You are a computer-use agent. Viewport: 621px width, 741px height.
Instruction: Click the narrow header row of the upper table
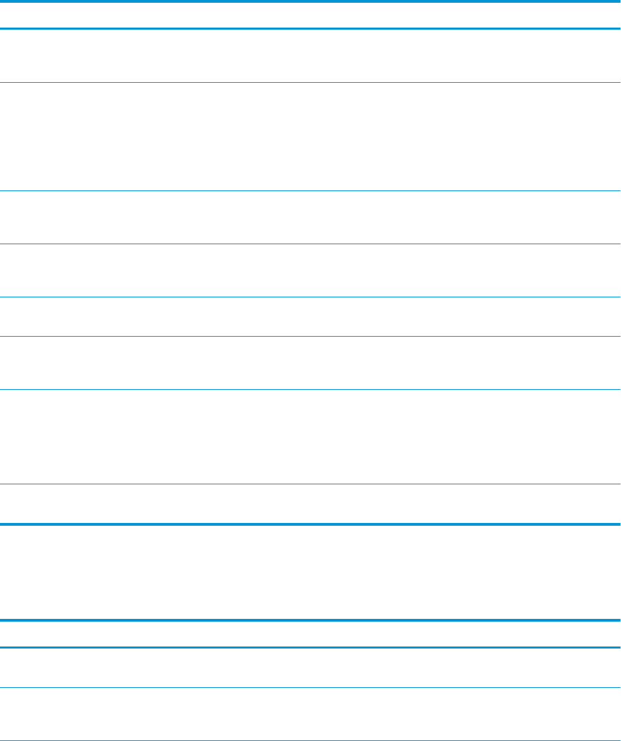pyautogui.click(x=310, y=14)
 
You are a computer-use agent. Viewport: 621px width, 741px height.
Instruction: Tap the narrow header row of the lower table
pyautogui.click(x=310, y=634)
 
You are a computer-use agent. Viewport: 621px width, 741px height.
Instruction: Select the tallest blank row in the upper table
pyautogui.click(x=310, y=137)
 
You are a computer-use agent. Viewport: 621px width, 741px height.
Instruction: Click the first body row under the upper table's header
pyautogui.click(x=310, y=56)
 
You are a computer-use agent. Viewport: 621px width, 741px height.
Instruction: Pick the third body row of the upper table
pyautogui.click(x=310, y=217)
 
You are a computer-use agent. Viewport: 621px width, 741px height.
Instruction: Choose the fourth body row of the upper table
pyautogui.click(x=310, y=270)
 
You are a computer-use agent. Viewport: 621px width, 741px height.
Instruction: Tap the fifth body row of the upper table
pyautogui.click(x=310, y=317)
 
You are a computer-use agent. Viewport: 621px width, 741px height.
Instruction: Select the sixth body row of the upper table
pyautogui.click(x=310, y=363)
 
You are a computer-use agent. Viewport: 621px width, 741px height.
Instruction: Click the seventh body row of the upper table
pyautogui.click(x=310, y=436)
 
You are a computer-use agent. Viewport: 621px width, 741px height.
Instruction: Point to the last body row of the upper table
pyautogui.click(x=310, y=504)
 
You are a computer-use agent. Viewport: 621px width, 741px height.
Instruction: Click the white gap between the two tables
pyautogui.click(x=310, y=572)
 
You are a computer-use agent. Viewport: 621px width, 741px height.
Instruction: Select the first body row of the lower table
pyautogui.click(x=310, y=667)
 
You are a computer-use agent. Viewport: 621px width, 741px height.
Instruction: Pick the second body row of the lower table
pyautogui.click(x=310, y=713)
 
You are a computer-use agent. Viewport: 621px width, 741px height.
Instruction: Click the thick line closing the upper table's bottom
pyautogui.click(x=310, y=524)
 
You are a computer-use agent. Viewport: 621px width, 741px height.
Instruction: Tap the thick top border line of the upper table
pyautogui.click(x=310, y=1)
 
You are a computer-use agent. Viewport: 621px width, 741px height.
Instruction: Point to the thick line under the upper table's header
pyautogui.click(x=310, y=28)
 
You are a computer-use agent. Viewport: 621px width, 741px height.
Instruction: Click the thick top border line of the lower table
pyautogui.click(x=310, y=620)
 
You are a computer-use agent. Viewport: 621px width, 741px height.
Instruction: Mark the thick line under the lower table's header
pyautogui.click(x=310, y=647)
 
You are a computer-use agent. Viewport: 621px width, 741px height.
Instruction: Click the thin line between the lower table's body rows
pyautogui.click(x=310, y=687)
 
